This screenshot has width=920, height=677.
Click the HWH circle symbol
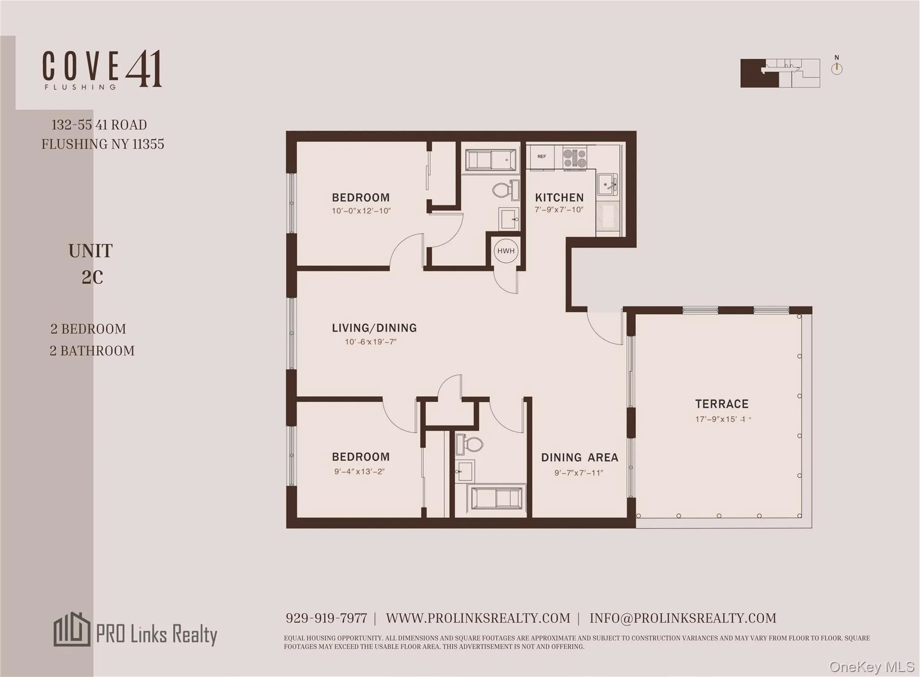[x=506, y=251]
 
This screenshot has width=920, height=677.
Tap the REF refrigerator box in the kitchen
[x=542, y=157]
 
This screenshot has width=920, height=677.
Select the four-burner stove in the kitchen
[x=575, y=158]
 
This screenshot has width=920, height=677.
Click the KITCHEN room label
[x=559, y=198]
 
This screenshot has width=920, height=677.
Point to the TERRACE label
[x=722, y=404]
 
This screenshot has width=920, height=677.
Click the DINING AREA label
[x=579, y=458]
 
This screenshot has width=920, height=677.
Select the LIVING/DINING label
[x=374, y=328]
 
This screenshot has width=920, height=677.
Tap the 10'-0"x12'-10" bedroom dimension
[x=361, y=211]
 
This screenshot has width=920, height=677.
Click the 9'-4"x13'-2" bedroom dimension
[x=359, y=471]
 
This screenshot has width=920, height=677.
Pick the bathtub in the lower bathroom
[x=496, y=498]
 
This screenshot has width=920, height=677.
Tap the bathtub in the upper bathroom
[x=491, y=159]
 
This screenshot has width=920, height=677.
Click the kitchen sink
[x=607, y=184]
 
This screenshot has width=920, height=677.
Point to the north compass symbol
[x=836, y=68]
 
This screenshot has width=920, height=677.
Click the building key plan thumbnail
[x=780, y=73]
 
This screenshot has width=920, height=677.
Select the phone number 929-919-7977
[x=326, y=618]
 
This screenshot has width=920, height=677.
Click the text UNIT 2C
[x=91, y=264]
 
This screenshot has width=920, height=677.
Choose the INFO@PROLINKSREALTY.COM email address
[x=682, y=618]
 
